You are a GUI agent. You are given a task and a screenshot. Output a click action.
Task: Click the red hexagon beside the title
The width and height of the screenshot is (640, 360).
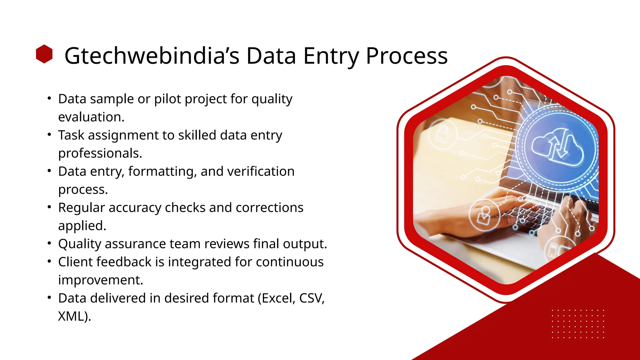tap(44, 54)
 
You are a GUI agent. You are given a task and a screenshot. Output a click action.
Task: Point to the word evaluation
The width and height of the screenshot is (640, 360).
tap(91, 117)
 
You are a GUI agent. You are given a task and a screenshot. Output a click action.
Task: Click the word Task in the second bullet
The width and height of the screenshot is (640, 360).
tap(71, 135)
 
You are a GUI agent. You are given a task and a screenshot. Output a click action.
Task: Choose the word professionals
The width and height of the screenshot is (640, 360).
tap(100, 153)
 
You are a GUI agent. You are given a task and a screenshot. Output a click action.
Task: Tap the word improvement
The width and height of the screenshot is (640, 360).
tap(100, 280)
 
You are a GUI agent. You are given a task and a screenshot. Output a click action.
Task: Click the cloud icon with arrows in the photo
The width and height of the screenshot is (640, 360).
tap(557, 147)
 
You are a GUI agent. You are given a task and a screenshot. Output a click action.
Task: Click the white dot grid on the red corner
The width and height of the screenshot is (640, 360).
tap(578, 324)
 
